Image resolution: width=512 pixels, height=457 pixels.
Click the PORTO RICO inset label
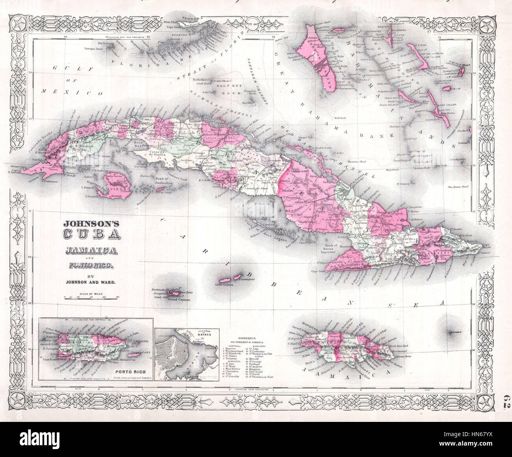pos(126,371)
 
